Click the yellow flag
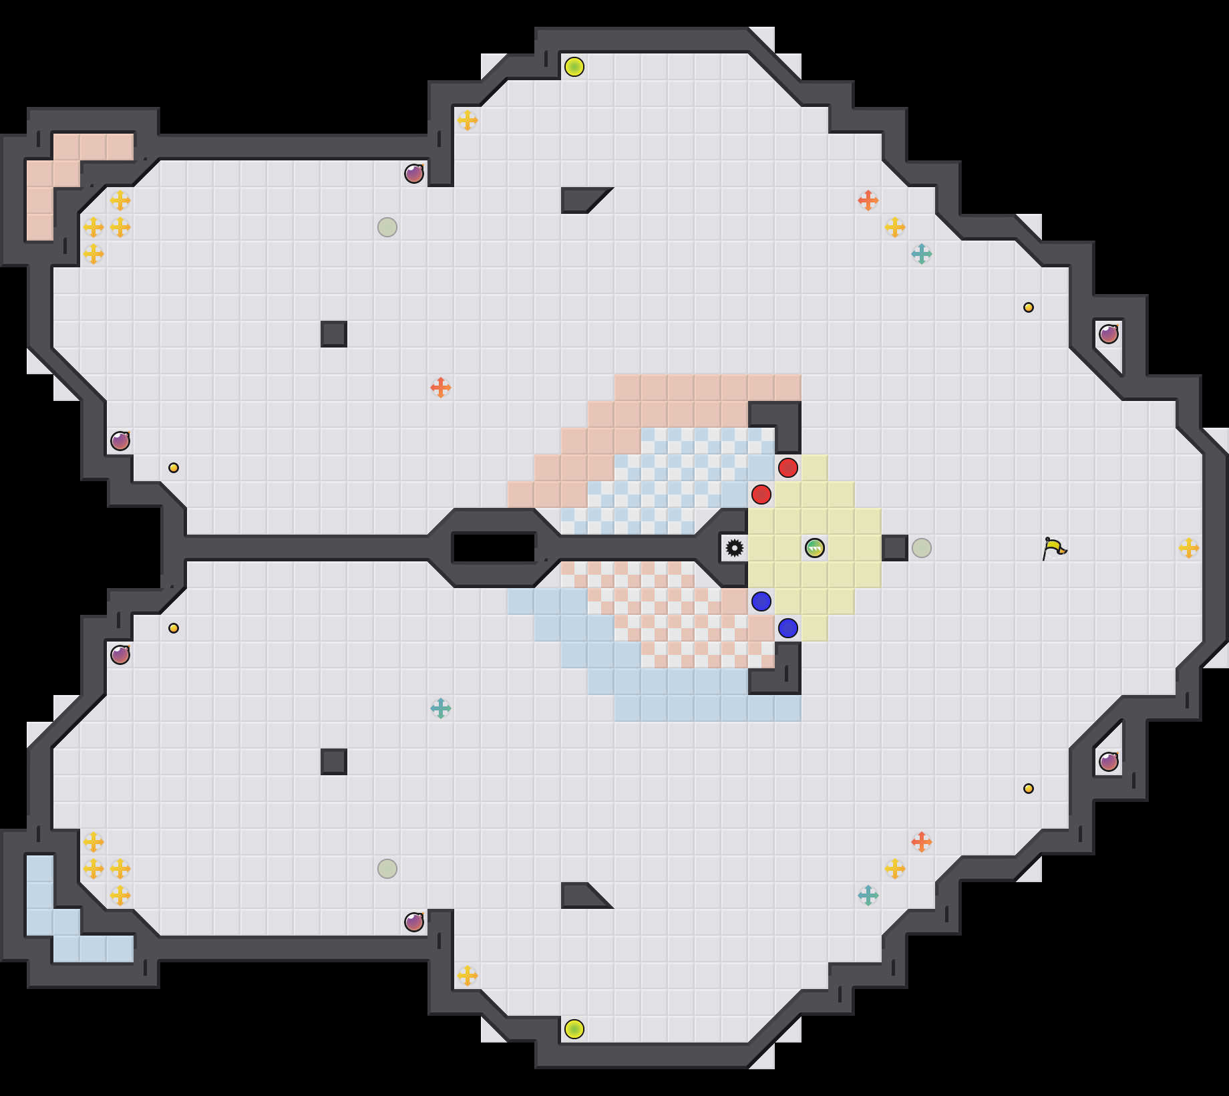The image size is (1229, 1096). tap(1054, 549)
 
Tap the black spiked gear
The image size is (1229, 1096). tap(735, 548)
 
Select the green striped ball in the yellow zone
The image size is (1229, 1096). tap(815, 548)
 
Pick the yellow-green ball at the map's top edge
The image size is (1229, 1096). tap(574, 67)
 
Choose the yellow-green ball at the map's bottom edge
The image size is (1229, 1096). tap(574, 1029)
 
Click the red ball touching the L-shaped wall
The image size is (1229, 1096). tap(788, 468)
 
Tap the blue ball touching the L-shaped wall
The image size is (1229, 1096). tap(788, 628)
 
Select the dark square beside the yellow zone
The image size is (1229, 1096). tap(895, 548)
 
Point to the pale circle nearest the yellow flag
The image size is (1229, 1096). tap(922, 548)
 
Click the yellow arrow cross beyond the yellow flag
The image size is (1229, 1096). tap(1189, 548)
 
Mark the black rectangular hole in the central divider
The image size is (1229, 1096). tap(494, 548)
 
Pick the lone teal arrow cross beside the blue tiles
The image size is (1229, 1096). tap(441, 708)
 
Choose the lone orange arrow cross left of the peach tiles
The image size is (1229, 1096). tap(441, 388)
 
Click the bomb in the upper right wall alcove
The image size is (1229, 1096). tap(1109, 334)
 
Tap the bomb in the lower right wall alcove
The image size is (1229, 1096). tap(1109, 762)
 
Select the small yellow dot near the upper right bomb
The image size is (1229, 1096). tap(1029, 307)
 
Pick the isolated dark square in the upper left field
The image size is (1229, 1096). tap(334, 334)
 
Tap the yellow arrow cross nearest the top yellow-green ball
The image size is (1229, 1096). tap(468, 120)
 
